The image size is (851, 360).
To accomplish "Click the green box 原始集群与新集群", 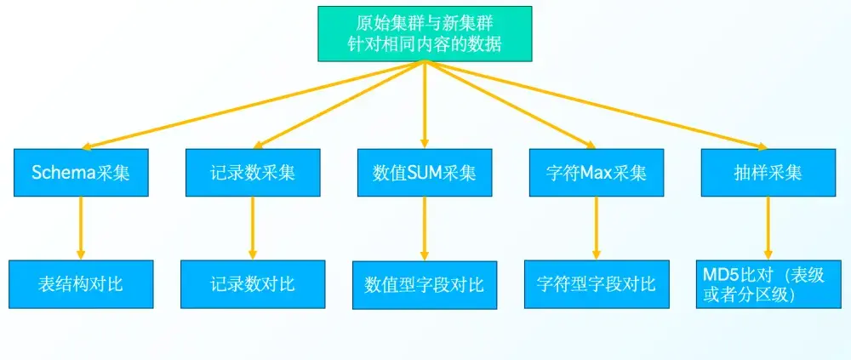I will pos(425,33).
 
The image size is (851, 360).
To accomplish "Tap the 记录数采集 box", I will pos(253,173).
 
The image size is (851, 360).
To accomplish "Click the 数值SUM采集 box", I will pos(424,173).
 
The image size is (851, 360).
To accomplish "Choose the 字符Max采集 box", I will pos(596,173).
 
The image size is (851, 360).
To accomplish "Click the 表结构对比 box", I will pos(81,284).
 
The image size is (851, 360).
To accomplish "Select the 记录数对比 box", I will pos(253,284).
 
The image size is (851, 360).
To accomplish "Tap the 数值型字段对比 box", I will pos(424,284).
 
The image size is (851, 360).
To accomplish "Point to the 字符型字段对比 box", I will pos(596,284).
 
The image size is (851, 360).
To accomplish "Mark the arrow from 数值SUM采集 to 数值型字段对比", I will pos(424,228).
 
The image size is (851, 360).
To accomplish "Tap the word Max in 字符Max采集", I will pos(597,173).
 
